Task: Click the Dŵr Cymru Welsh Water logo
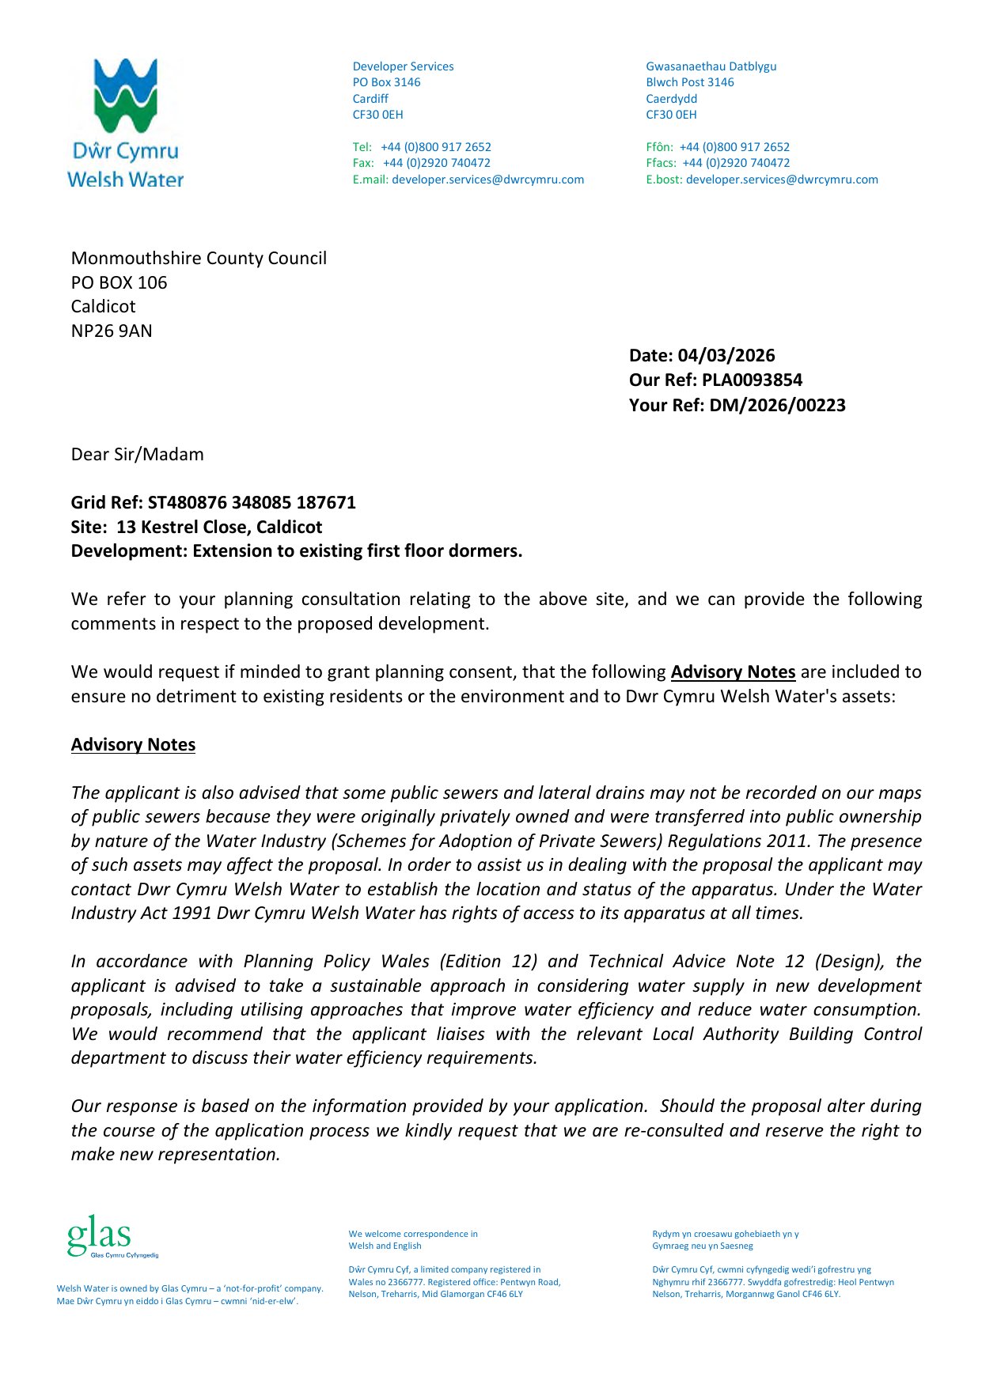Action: click(125, 123)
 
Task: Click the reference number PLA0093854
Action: click(752, 380)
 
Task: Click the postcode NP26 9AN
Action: click(112, 331)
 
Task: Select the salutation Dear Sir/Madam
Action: click(138, 455)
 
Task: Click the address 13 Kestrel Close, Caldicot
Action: click(219, 528)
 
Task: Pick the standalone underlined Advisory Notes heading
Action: click(133, 745)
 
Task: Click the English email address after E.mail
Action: click(487, 180)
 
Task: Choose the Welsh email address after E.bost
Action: click(782, 180)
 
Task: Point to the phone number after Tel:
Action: click(436, 147)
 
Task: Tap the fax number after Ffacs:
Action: click(736, 163)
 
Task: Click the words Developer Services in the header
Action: click(403, 66)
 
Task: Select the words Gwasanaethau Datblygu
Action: click(711, 66)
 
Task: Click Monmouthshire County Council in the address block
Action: click(199, 259)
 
